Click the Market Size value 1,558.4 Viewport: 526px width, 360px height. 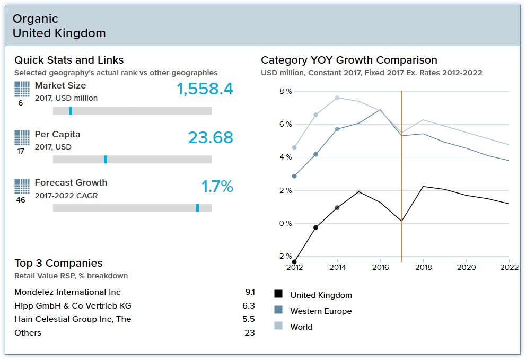pos(205,89)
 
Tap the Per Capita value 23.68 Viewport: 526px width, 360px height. pos(211,138)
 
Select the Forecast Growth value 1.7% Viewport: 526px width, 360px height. pos(217,187)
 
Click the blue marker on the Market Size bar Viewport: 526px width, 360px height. pos(71,111)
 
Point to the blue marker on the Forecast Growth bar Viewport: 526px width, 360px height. pos(198,208)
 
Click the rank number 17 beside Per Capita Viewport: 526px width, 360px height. pos(21,151)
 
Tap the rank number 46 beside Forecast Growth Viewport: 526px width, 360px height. pos(21,200)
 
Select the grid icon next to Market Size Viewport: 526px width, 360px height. pos(22,89)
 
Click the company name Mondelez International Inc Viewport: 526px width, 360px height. pos(67,292)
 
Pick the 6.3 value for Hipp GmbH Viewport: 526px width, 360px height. pos(248,306)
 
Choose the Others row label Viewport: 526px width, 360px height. pos(28,333)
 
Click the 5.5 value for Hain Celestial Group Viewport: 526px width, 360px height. pos(248,319)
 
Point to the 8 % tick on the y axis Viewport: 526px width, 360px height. pos(285,92)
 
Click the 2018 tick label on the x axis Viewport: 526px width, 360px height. pos(423,267)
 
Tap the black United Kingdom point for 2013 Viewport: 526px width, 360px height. pos(315,227)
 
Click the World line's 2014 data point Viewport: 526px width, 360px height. pos(337,98)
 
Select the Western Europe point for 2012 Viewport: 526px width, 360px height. pos(294,176)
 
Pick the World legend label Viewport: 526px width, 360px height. pos(301,327)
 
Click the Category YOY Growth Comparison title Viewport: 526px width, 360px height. pos(349,60)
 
